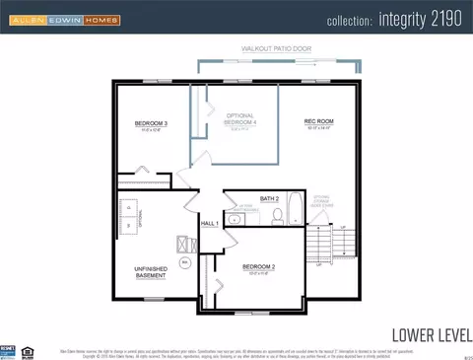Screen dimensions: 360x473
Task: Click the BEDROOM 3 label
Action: tap(153, 124)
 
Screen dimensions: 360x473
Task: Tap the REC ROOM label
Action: tap(320, 122)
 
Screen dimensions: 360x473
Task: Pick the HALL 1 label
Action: tap(209, 224)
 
